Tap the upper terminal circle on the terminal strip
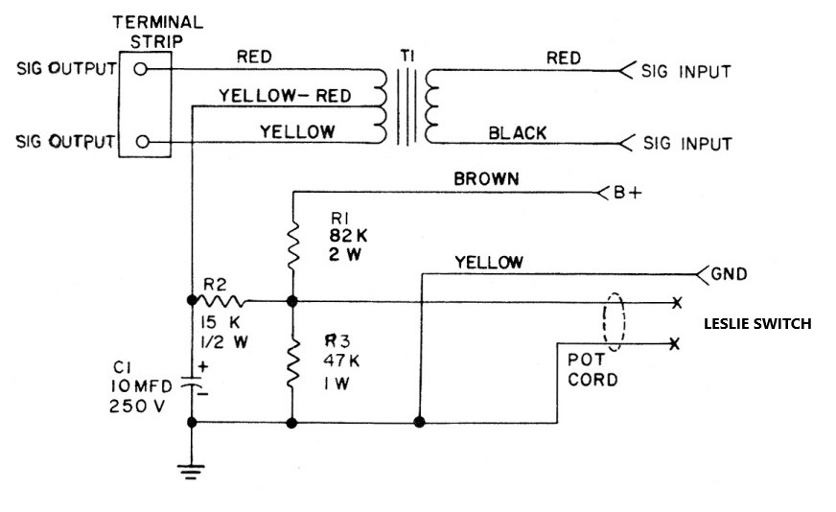142,69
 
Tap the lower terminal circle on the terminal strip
142,141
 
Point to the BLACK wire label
518,132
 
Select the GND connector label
729,274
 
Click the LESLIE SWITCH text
757,324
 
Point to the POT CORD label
591,370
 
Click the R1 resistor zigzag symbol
291,245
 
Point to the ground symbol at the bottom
192,470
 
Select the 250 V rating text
135,405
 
